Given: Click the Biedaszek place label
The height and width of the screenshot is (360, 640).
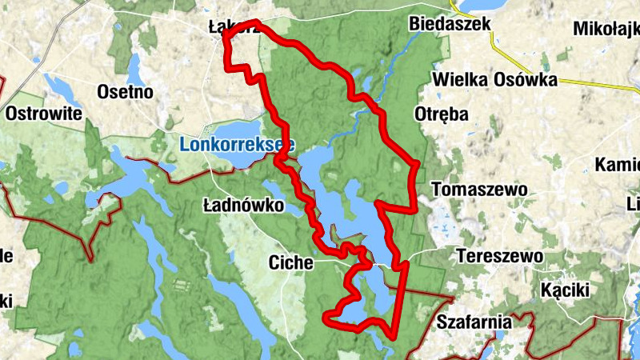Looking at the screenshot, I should coord(449,24).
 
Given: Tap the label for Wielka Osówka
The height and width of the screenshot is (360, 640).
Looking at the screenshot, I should coord(494,80).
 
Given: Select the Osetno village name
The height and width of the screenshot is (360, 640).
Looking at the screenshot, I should coord(124,91).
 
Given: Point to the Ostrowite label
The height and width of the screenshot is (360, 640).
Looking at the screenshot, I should coord(44,113).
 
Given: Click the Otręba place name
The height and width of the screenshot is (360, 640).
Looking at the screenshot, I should coord(441,114).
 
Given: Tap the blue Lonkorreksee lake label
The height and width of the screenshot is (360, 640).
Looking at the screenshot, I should coord(238,145).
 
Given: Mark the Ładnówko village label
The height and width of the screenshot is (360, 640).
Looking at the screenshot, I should coord(243,206).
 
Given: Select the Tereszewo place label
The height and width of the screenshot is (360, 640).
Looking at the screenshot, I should coord(499,256).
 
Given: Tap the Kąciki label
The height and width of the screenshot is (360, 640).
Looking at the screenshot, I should coord(564,288).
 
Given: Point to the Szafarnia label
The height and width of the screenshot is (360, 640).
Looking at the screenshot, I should coord(474,322).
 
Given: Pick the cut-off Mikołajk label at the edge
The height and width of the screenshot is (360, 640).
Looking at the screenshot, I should coord(606,30).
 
